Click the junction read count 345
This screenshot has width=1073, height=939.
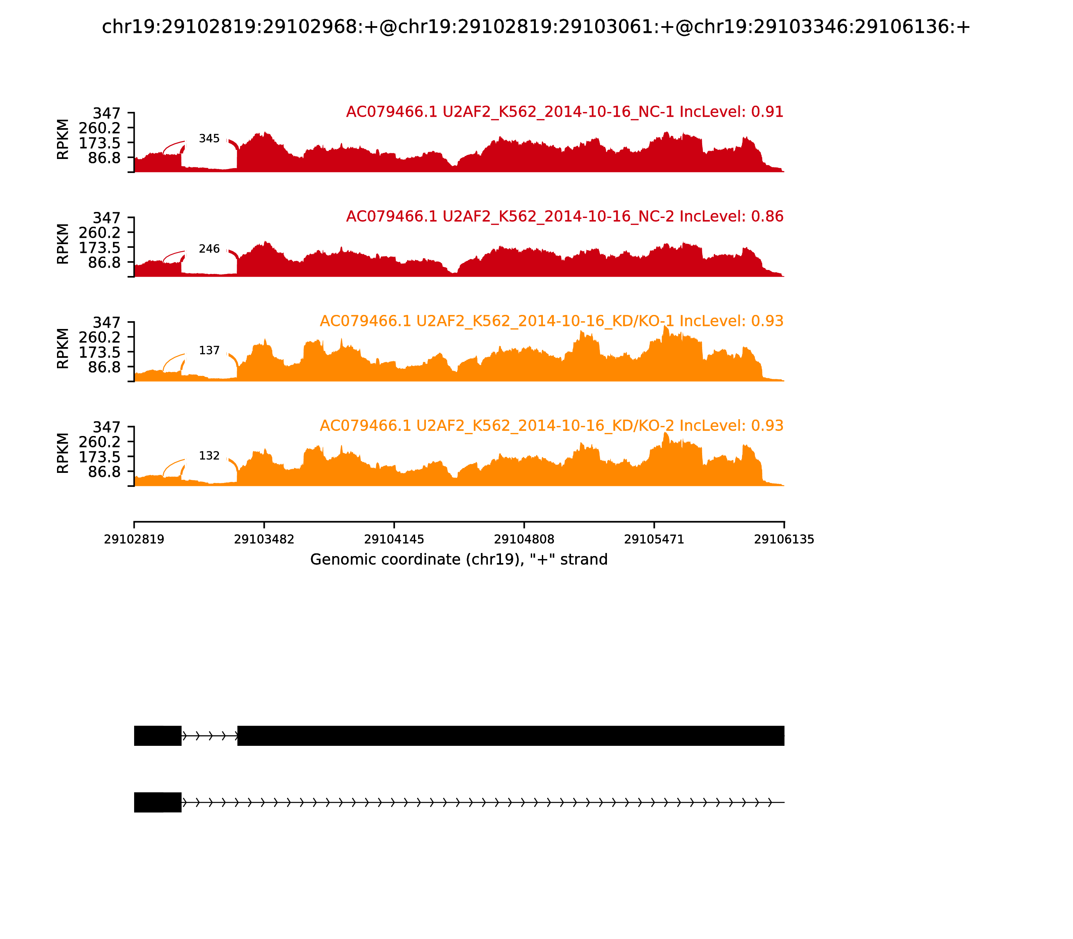[209, 139]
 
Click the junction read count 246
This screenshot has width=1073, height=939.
[209, 249]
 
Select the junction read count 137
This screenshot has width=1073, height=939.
[209, 350]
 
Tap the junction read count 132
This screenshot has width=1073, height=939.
[209, 456]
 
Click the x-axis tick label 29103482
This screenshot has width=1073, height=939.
[264, 540]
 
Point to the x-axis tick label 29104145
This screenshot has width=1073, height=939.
[394, 540]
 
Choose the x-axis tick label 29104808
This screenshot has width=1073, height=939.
[524, 540]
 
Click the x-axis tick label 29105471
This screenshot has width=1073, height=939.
[654, 540]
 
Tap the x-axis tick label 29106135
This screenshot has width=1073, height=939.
[784, 540]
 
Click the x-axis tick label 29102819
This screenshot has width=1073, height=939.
[134, 540]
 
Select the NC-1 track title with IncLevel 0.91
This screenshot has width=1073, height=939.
[564, 112]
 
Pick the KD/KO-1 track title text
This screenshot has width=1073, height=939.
[551, 321]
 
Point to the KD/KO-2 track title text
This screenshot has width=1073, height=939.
[551, 426]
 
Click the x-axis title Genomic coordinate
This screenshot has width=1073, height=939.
[459, 560]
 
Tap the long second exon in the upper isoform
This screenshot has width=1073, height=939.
[510, 736]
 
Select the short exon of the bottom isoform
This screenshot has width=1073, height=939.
[158, 802]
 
